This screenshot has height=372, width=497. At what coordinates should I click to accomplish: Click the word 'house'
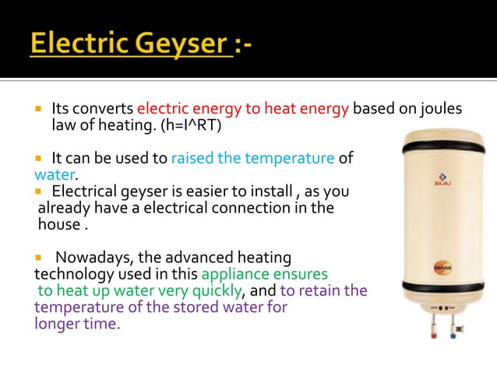(x=58, y=225)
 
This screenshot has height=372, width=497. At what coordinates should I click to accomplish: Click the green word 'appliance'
(x=232, y=274)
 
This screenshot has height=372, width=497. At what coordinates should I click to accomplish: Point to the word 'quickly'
(x=217, y=291)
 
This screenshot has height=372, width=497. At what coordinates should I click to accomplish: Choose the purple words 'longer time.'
(x=77, y=324)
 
